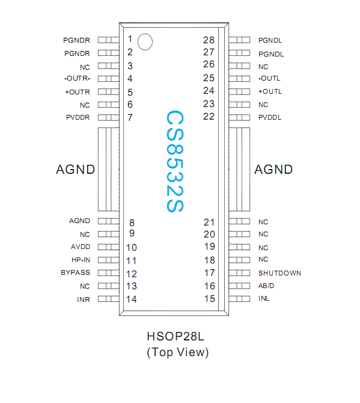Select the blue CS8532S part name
tap(174, 161)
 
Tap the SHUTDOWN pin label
tap(279, 273)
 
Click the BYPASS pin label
tap(75, 273)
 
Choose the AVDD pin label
tap(79, 247)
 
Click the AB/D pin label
tap(266, 286)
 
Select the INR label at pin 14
tap(83, 300)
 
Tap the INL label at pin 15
tap(264, 299)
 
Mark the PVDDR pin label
tap(78, 117)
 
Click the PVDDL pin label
tap(270, 117)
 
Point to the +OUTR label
tap(78, 92)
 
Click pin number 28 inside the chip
tap(209, 40)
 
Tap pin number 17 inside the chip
tap(209, 272)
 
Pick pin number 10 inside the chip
tap(132, 247)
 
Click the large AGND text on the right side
tap(273, 170)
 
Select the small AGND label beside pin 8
tap(79, 221)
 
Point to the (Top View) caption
tap(177, 352)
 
